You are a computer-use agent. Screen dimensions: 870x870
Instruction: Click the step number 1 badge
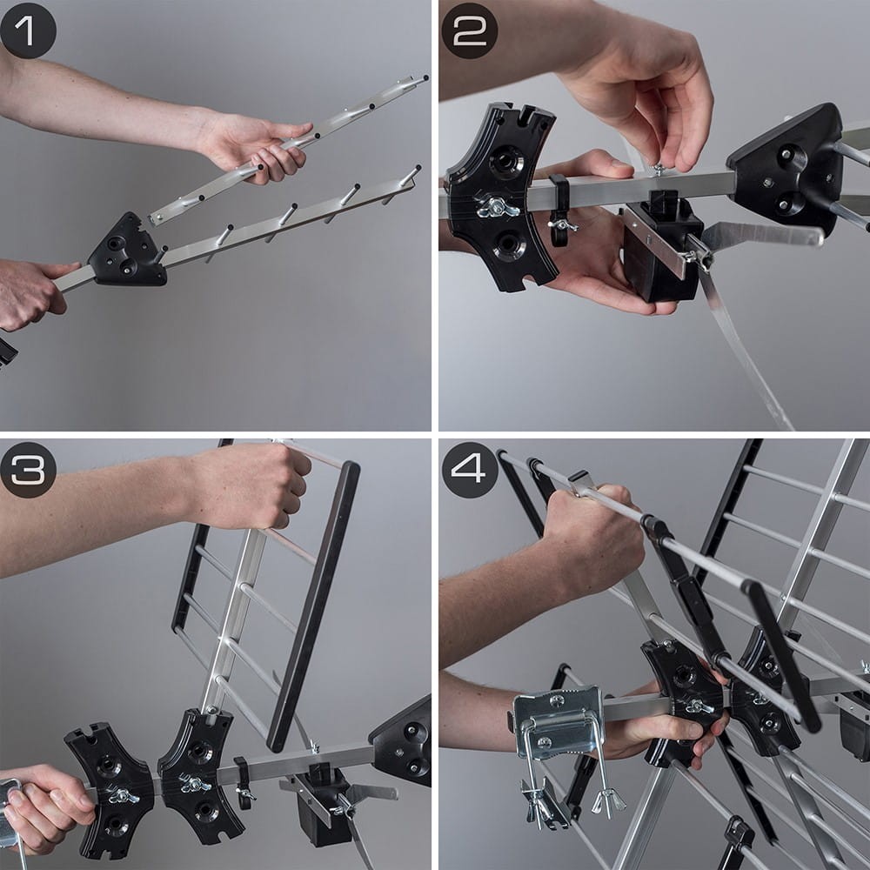(x=28, y=31)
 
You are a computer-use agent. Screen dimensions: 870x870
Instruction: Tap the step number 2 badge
(x=470, y=31)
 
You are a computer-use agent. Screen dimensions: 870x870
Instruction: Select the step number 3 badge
(x=28, y=470)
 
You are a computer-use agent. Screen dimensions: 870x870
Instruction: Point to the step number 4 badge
(x=470, y=470)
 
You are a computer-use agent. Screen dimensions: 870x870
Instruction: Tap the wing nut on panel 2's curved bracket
(x=497, y=208)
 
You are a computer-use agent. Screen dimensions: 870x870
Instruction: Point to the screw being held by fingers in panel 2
(x=658, y=168)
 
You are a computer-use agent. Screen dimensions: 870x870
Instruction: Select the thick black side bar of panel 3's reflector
(x=313, y=605)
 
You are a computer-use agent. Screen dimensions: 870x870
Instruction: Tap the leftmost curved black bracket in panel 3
(x=109, y=791)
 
